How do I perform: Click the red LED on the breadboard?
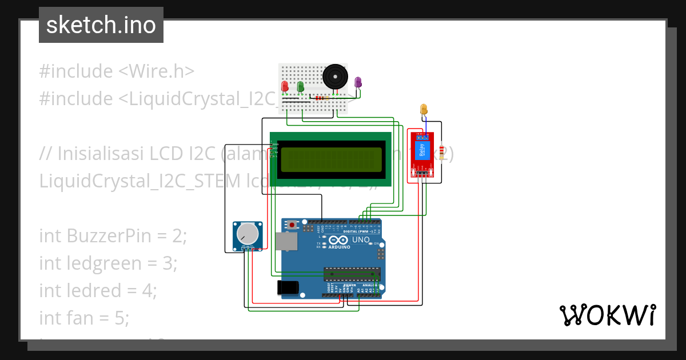(x=285, y=86)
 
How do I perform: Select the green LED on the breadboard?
(x=300, y=86)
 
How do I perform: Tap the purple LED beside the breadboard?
(x=358, y=82)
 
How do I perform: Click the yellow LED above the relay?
(x=424, y=109)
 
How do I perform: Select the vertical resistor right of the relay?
(x=442, y=153)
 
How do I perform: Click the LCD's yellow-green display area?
(x=330, y=159)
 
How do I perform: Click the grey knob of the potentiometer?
(x=248, y=233)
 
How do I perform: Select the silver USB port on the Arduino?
(x=286, y=241)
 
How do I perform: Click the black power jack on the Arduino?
(x=288, y=287)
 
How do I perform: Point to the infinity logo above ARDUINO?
(x=338, y=240)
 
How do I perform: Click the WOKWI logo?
(x=607, y=315)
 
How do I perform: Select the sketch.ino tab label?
(x=101, y=25)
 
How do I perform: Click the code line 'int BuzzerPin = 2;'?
(x=113, y=235)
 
